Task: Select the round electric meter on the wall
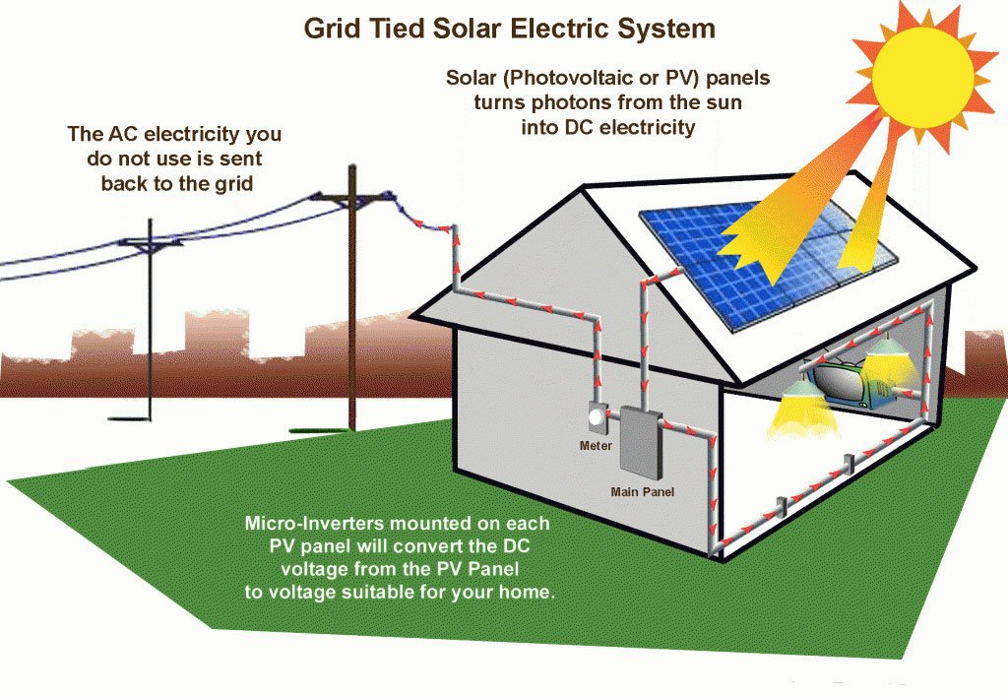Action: tap(597, 417)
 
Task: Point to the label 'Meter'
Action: tap(596, 446)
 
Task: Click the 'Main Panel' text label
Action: tap(643, 490)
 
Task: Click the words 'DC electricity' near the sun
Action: tap(640, 127)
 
